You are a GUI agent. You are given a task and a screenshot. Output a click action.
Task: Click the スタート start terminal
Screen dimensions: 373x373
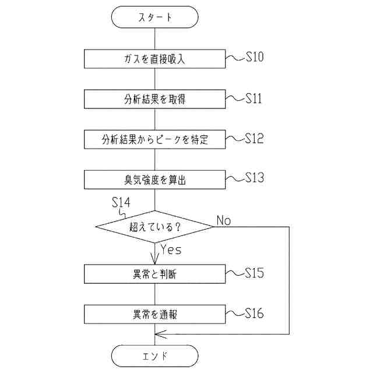pyautogui.click(x=154, y=17)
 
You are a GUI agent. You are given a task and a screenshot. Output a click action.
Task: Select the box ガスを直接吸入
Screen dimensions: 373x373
pyautogui.click(x=154, y=58)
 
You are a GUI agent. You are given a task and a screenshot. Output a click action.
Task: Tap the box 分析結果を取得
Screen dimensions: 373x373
pyautogui.click(x=154, y=99)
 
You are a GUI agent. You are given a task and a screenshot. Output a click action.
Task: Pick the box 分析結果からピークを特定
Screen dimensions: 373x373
pyautogui.click(x=154, y=140)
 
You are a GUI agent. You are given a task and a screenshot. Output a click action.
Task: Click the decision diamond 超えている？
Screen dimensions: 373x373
pyautogui.click(x=154, y=226)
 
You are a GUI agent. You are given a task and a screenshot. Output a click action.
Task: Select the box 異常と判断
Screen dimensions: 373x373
pyautogui.click(x=154, y=274)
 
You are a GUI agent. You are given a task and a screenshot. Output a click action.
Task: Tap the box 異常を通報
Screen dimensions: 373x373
pyautogui.click(x=154, y=315)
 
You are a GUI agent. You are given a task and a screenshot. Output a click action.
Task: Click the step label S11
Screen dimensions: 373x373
pyautogui.click(x=254, y=98)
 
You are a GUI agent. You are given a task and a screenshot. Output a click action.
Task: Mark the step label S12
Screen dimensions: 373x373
pyautogui.click(x=254, y=138)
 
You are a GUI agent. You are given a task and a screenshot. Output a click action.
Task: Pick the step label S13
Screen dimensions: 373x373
pyautogui.click(x=254, y=177)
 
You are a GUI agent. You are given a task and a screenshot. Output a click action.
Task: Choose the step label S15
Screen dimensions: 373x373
pyautogui.click(x=254, y=272)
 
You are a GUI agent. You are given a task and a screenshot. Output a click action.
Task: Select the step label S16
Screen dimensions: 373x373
pyautogui.click(x=254, y=313)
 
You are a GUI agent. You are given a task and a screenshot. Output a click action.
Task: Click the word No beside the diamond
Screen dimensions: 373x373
pyautogui.click(x=223, y=220)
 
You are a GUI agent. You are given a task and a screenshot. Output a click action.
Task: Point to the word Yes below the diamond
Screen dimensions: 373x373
pyautogui.click(x=171, y=250)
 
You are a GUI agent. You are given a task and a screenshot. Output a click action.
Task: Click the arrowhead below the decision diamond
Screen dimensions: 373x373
pyautogui.click(x=154, y=259)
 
